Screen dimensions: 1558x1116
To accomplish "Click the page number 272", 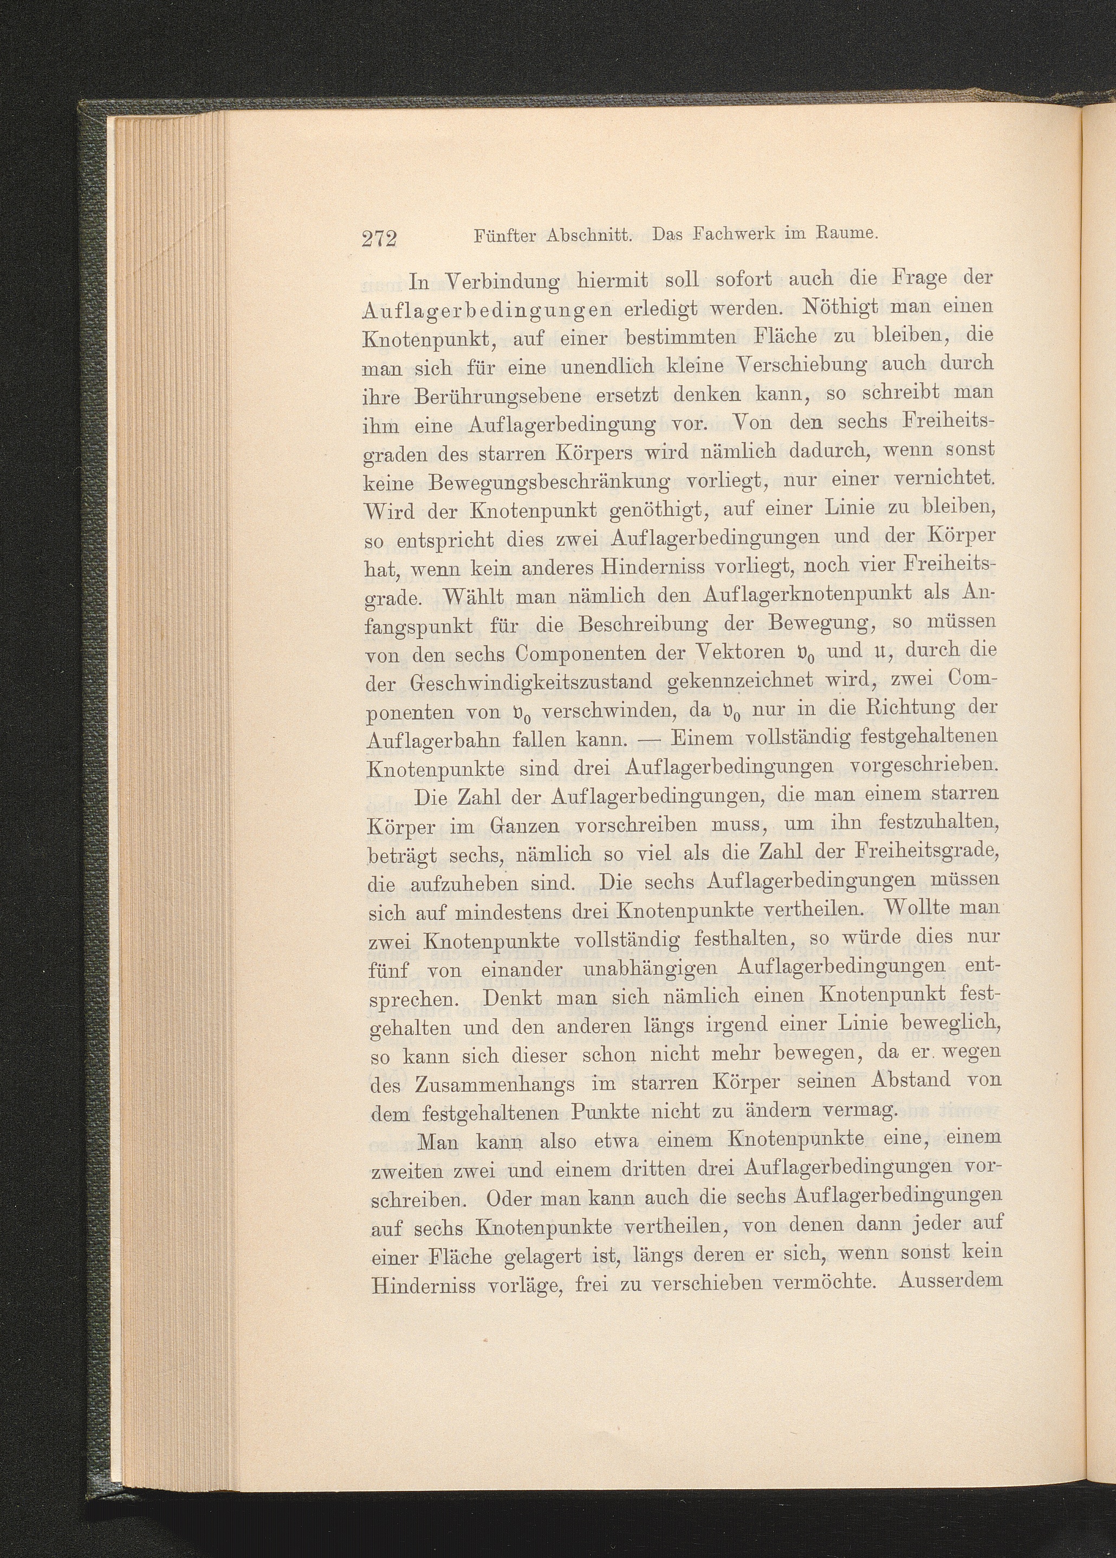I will click(x=379, y=238).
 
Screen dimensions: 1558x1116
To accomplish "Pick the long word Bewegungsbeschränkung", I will click(x=549, y=483).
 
